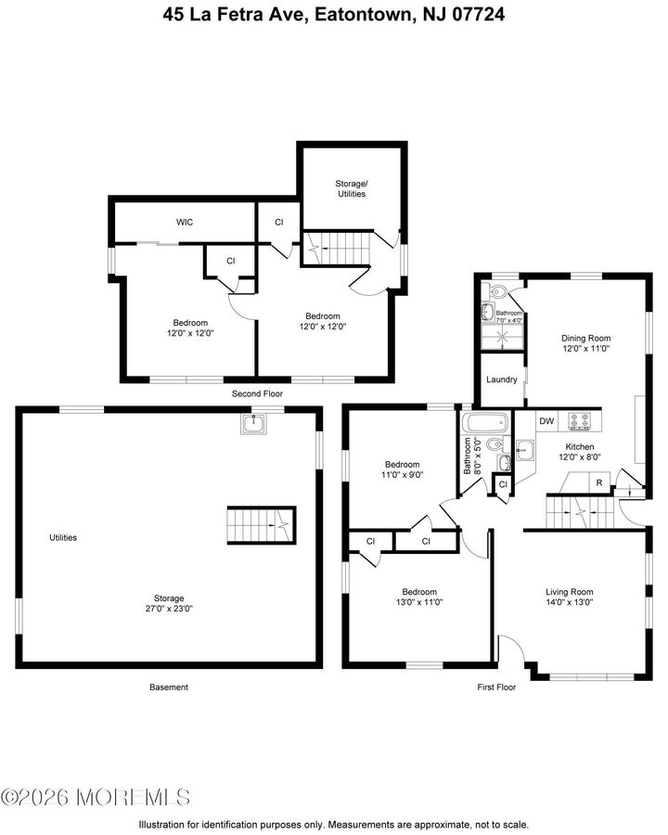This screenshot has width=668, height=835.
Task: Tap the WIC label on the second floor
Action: [x=184, y=223]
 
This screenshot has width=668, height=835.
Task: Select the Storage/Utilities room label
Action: [x=350, y=188]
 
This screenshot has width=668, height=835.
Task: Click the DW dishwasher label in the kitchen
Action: [x=546, y=421]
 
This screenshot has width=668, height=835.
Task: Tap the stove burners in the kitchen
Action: [x=581, y=421]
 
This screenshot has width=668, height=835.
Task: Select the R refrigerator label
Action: [x=599, y=482]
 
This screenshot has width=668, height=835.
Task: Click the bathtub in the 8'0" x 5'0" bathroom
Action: [x=486, y=424]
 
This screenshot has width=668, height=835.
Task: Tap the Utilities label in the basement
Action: [x=63, y=537]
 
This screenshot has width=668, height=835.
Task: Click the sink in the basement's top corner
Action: [x=253, y=425]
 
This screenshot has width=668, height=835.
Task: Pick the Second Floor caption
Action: [x=257, y=394]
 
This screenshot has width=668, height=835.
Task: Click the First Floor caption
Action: [x=496, y=687]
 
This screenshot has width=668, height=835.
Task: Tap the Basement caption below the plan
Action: [x=169, y=687]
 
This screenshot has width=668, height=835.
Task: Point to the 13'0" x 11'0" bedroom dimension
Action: [x=418, y=602]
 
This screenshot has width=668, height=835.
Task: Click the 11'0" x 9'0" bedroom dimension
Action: [x=402, y=475]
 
